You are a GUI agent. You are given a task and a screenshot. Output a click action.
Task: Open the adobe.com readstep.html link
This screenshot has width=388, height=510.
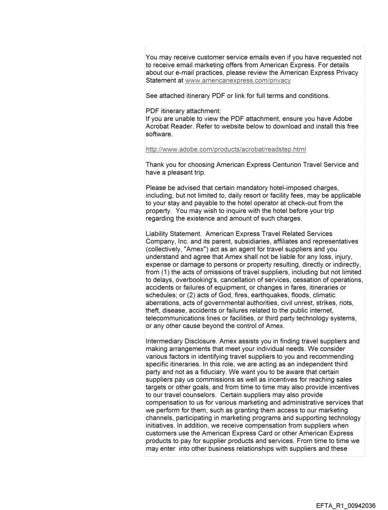pyautogui.click(x=225, y=149)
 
